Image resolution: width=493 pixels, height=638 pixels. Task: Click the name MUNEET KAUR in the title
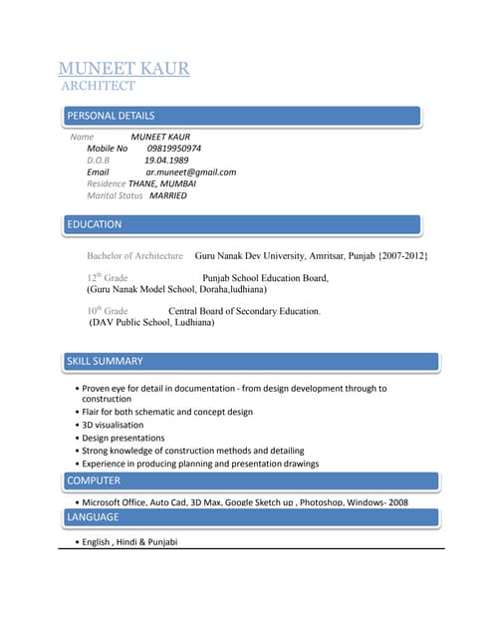pos(123,69)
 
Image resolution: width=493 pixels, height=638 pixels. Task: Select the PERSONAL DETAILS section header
pos(111,116)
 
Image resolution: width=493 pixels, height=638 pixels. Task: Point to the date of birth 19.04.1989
pos(166,159)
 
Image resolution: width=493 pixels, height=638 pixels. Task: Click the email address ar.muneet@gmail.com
pos(190,171)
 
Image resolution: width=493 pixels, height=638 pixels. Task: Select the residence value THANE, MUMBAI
pos(162,183)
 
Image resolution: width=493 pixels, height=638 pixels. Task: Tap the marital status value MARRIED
pos(167,195)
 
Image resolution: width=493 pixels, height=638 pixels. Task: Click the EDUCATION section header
pos(94,224)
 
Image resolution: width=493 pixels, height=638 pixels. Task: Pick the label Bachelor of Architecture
pos(134,256)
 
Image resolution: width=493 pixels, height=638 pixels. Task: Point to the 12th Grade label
pos(107,278)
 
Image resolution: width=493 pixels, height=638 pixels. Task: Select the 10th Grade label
pos(107,311)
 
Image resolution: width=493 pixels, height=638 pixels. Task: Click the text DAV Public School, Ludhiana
pos(151,323)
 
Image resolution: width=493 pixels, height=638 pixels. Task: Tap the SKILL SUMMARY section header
pos(105,361)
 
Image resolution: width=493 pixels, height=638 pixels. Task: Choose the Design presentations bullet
pos(123,438)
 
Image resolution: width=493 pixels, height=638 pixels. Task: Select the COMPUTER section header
pos(94,480)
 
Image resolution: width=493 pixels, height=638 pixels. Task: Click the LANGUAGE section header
pos(93,516)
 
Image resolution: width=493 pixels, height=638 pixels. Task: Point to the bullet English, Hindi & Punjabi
pos(129,542)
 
